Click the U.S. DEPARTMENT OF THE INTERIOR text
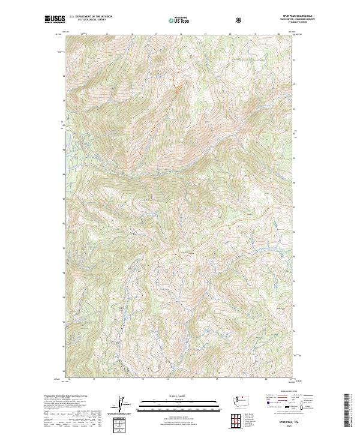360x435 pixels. (x=91, y=17)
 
